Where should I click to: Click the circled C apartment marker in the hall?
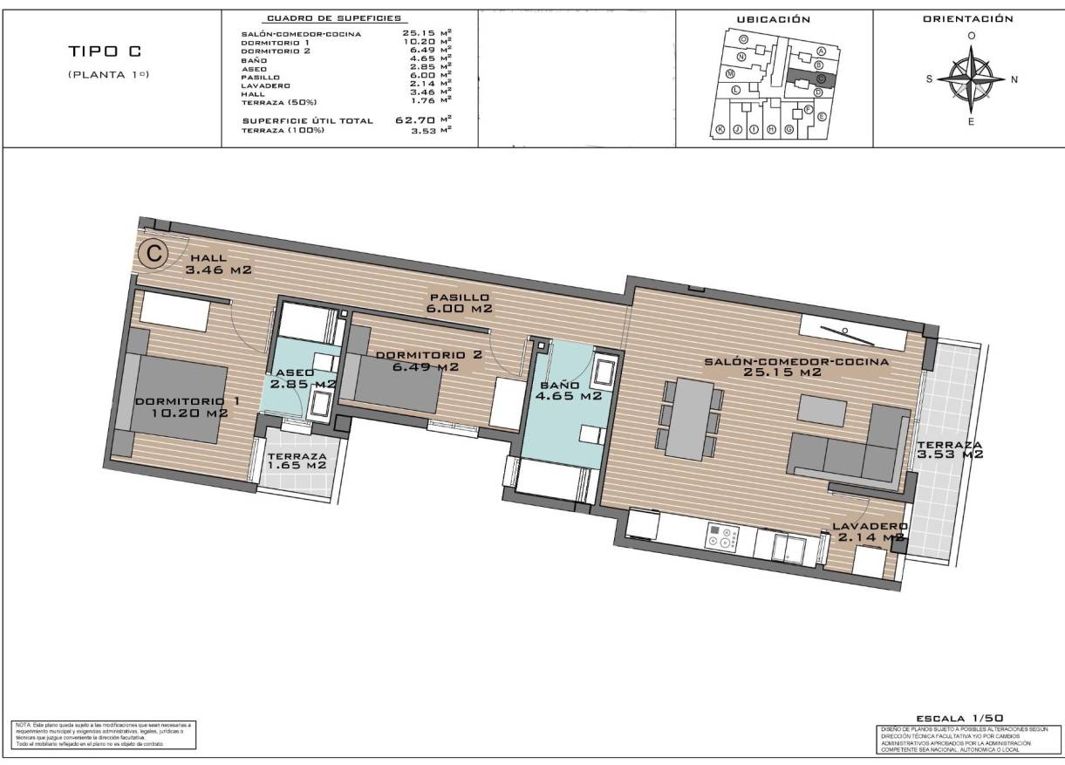154,254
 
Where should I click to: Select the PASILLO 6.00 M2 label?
459,303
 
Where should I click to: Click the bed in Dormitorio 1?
179,398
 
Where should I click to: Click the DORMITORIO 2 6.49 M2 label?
428,361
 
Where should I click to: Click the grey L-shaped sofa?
846,452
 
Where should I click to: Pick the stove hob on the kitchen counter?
722,538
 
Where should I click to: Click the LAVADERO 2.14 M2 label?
870,532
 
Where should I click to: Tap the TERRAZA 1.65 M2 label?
297,461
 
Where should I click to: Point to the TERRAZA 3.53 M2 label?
949,449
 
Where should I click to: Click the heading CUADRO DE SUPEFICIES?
334,18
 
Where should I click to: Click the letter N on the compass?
1014,79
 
